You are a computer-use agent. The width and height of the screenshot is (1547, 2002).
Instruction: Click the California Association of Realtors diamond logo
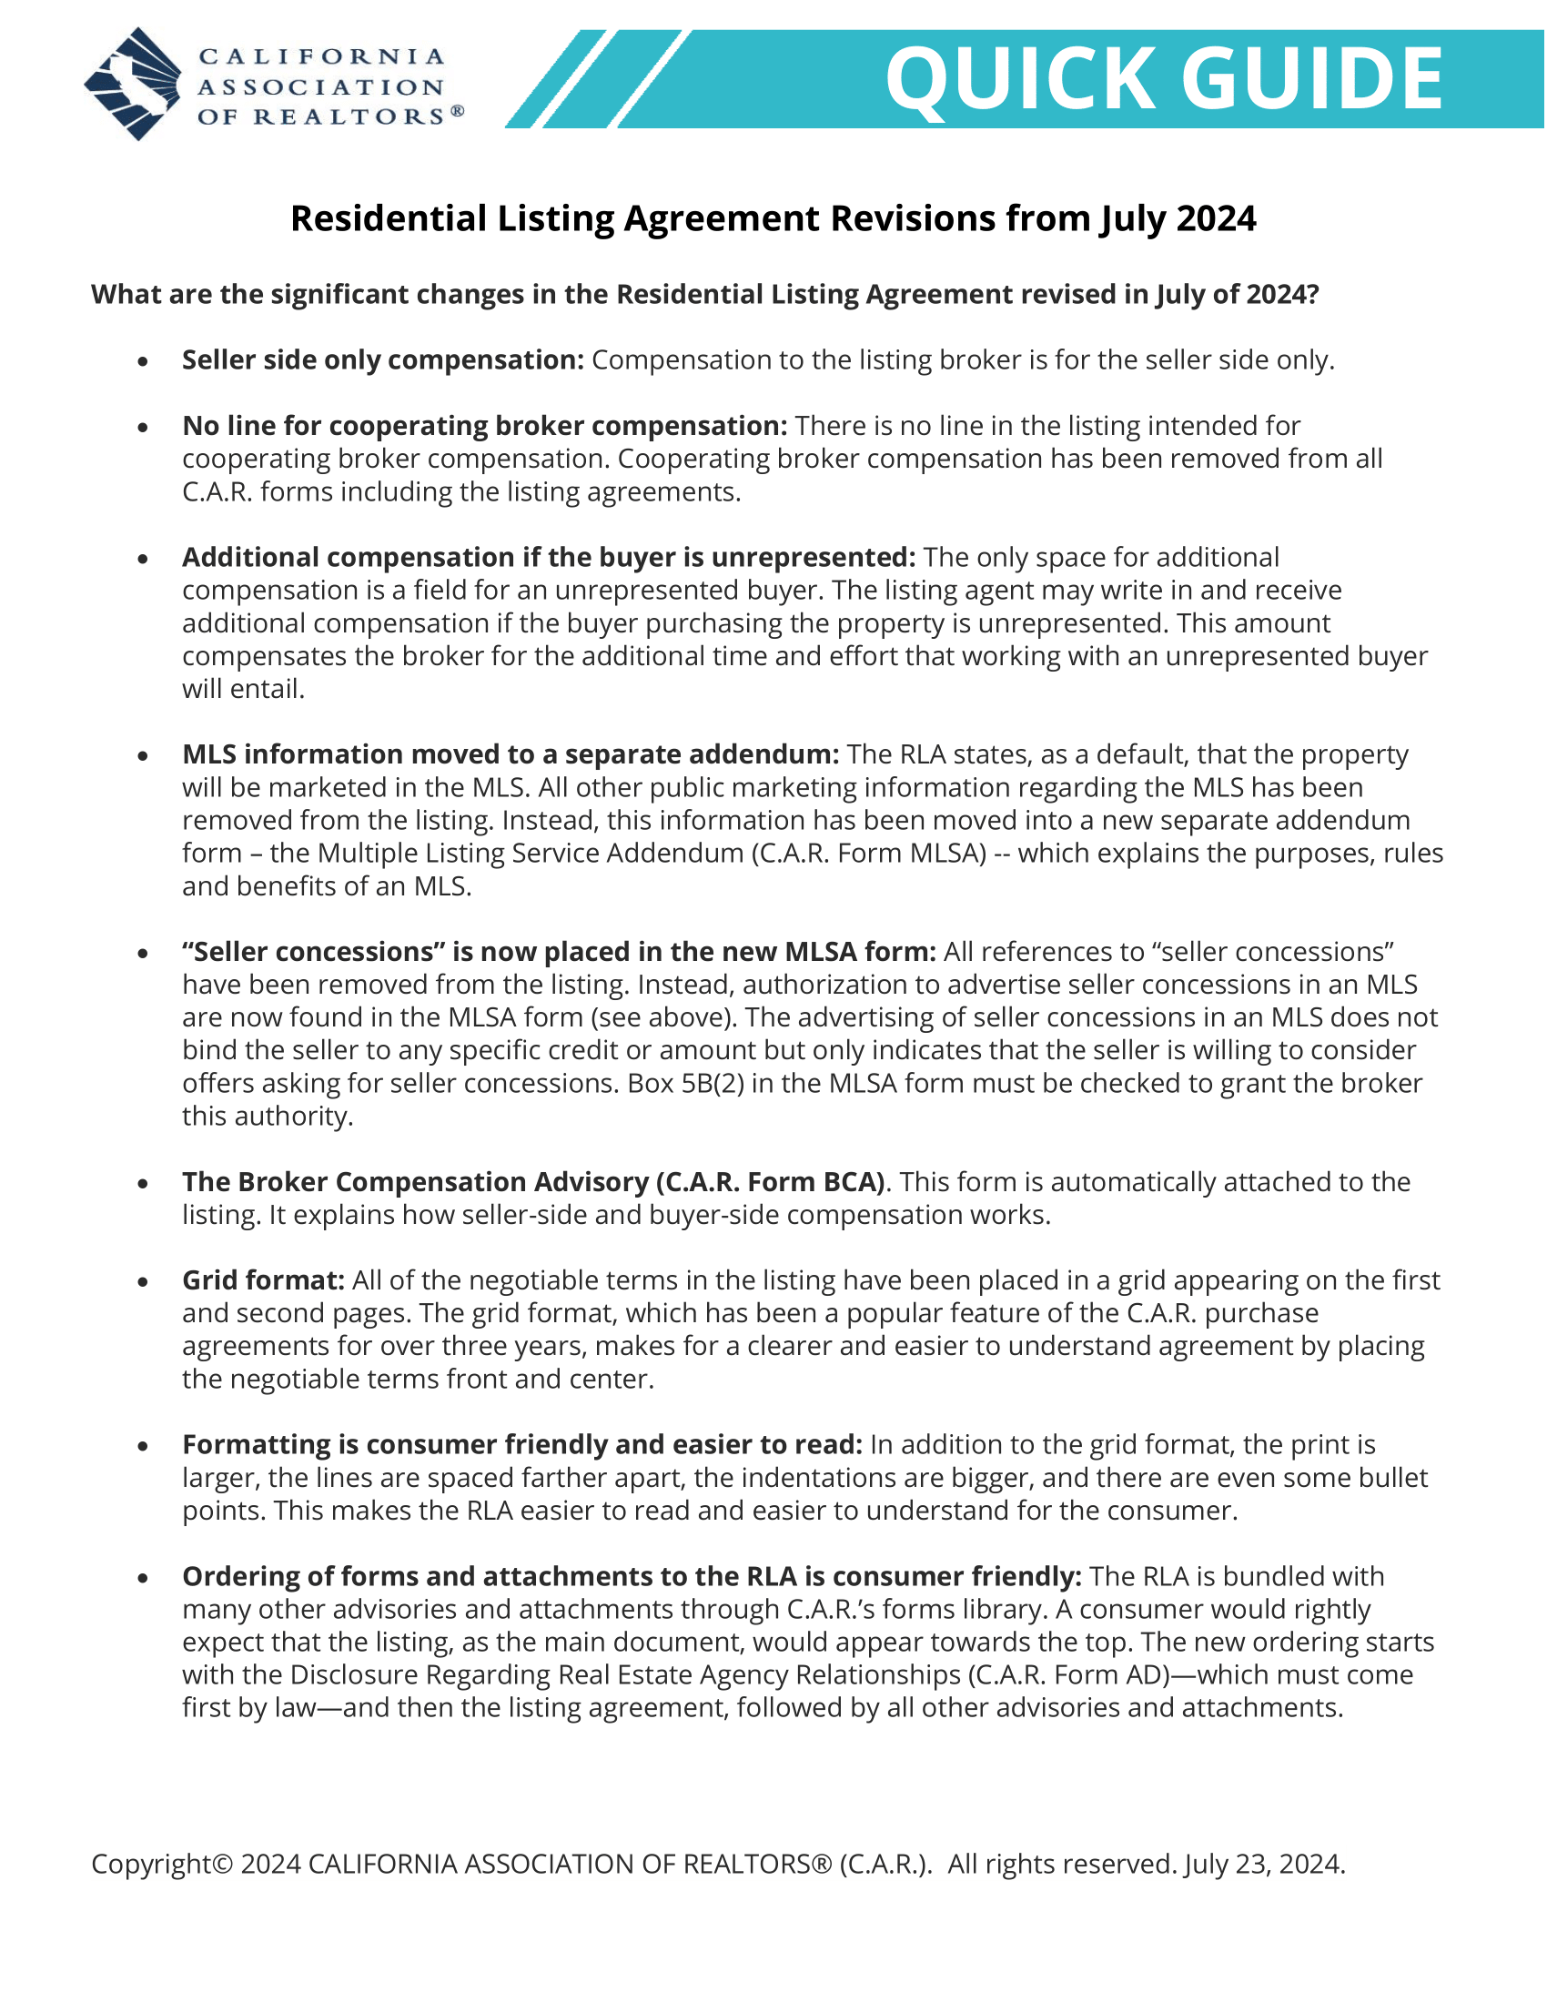134,85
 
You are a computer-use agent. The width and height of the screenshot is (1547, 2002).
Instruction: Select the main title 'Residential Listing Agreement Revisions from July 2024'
773,219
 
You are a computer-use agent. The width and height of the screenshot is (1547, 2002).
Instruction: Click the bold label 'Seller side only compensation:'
382,360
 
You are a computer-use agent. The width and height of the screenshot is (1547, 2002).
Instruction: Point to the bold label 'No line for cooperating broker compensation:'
484,426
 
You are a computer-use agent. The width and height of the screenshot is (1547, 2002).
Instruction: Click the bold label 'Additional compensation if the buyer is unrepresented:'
548,557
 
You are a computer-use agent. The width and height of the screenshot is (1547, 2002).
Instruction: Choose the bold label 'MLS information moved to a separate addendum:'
511,754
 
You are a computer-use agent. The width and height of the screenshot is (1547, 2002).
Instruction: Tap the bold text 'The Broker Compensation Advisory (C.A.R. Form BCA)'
533,1182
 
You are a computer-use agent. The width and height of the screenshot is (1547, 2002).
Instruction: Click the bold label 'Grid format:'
263,1280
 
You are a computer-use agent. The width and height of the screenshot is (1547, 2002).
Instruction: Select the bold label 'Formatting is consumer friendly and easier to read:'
521,1445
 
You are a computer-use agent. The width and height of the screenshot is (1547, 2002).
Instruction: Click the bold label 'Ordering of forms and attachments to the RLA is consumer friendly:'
632,1577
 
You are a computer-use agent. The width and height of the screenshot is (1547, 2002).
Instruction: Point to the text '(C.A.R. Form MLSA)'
869,854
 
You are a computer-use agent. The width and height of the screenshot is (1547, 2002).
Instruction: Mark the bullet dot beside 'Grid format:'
143,1282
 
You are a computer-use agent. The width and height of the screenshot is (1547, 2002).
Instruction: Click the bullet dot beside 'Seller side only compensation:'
143,362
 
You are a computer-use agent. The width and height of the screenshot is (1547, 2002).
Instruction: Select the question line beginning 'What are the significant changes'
703,294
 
